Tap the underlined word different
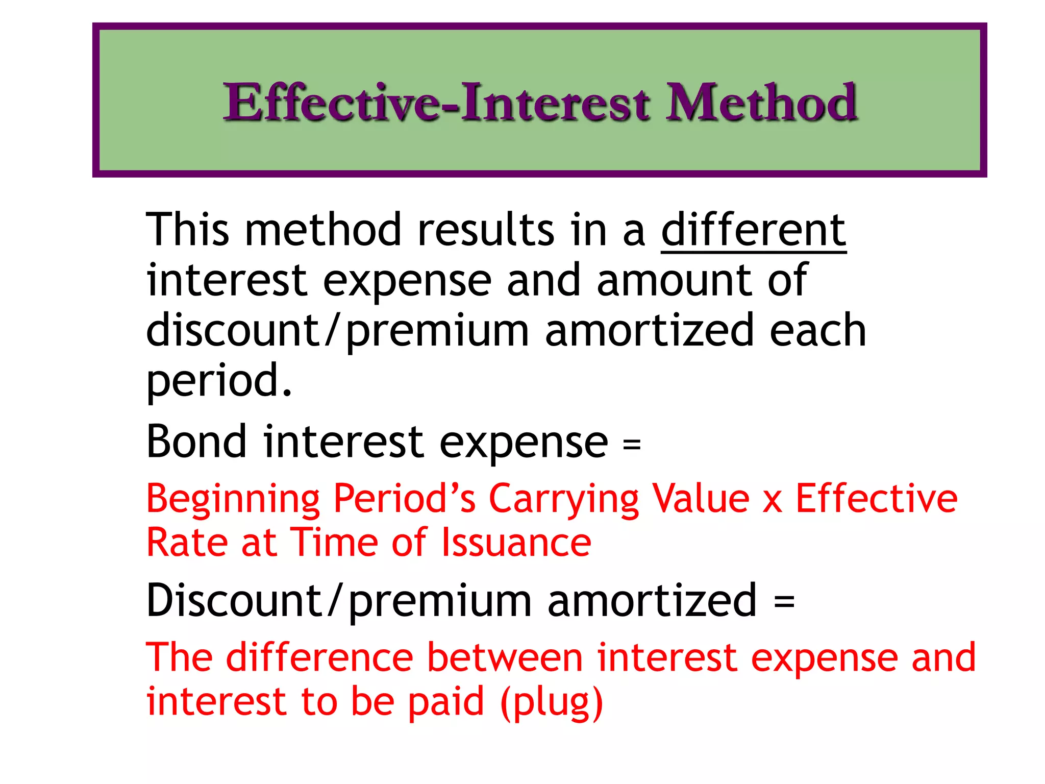754,230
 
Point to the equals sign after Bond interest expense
632,444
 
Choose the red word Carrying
563,499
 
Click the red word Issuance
516,542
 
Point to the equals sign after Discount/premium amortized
784,601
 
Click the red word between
505,657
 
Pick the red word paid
446,702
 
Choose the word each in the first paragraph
818,330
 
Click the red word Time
334,542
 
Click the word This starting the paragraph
188,230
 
